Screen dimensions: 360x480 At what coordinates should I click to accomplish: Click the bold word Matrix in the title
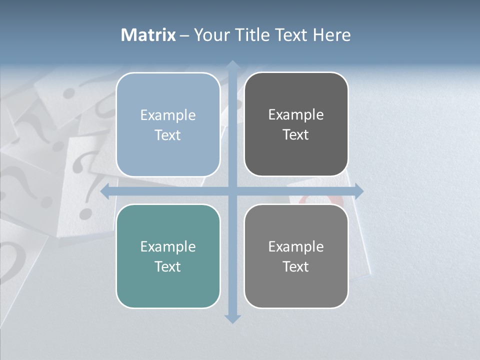[148, 35]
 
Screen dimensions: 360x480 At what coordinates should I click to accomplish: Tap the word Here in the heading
[331, 35]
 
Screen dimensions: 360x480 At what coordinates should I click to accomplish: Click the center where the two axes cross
[232, 191]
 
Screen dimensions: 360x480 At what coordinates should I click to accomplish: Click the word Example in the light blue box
[168, 115]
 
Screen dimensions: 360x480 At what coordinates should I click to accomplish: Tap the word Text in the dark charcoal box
[296, 135]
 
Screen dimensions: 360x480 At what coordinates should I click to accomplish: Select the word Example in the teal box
[168, 247]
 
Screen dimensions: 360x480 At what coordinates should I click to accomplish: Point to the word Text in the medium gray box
[296, 266]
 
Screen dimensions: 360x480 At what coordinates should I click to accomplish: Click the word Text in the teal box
[168, 266]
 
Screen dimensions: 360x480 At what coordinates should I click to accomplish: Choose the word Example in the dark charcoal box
[296, 115]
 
